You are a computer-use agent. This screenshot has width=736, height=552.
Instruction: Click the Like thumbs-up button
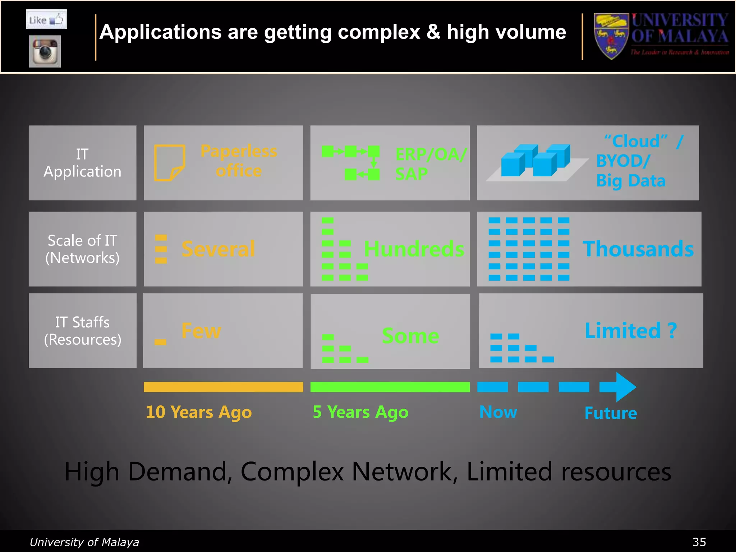click(46, 19)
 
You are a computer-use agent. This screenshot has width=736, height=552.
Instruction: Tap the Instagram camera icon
click(45, 51)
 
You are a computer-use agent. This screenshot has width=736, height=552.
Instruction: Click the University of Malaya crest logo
click(611, 36)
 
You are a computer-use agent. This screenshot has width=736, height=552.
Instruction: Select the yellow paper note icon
click(169, 162)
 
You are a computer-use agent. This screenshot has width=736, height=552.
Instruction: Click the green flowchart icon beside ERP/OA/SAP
click(351, 162)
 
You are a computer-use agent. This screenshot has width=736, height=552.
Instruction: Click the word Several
click(218, 249)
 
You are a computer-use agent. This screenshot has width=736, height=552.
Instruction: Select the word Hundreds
click(414, 249)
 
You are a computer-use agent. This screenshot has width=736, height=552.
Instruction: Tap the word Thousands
click(638, 249)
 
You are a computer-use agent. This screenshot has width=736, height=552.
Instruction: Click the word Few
click(201, 331)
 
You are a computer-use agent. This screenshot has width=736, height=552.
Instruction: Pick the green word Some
click(410, 336)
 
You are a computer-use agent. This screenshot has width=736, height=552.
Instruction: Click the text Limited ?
click(631, 331)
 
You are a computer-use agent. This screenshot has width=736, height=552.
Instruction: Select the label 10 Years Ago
click(199, 412)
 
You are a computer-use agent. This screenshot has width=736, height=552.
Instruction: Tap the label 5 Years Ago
click(360, 412)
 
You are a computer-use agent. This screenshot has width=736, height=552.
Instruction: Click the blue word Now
click(498, 412)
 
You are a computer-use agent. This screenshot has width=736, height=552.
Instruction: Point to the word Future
click(611, 413)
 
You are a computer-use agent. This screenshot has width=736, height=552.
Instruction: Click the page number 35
click(699, 542)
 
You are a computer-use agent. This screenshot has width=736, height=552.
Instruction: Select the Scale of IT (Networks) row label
click(82, 249)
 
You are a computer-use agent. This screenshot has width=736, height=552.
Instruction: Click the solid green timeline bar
click(390, 387)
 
